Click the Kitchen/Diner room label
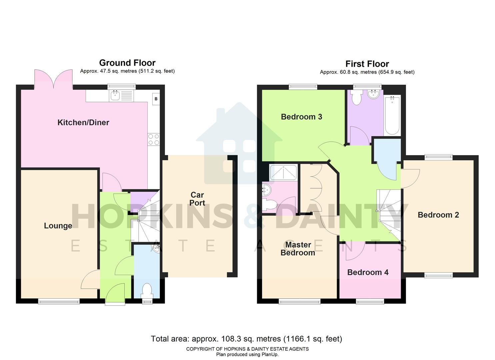83,122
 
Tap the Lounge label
58,226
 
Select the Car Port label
197,199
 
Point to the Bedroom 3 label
301,117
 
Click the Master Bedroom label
298,249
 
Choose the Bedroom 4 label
368,272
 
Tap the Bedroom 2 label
438,215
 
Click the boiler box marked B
156,99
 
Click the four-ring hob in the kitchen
154,139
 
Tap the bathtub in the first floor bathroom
392,115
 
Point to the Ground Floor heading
127,63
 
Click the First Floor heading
367,64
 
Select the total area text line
246,339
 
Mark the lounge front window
59,301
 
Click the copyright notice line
247,349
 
